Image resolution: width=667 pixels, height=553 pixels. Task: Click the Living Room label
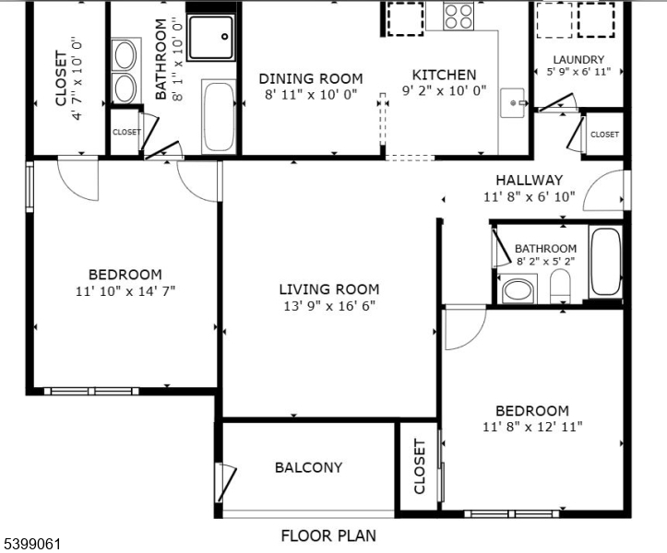[328, 288]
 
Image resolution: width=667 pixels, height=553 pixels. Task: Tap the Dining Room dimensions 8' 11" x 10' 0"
[310, 94]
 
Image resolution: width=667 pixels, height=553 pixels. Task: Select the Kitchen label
[444, 75]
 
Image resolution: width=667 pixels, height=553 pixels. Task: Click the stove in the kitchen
[459, 17]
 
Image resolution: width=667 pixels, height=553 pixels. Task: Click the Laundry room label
[578, 60]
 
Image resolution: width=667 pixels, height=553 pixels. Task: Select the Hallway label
[529, 180]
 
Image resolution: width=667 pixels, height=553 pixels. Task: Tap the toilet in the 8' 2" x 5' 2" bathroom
[561, 288]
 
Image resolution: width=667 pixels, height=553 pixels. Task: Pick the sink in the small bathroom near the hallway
[519, 291]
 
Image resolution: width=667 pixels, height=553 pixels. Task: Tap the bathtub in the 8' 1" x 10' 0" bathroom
[219, 117]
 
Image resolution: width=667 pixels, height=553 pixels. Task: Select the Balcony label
[308, 467]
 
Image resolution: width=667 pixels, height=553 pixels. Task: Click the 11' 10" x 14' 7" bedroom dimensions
[125, 290]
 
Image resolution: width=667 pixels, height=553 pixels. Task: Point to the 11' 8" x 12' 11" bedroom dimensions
[531, 427]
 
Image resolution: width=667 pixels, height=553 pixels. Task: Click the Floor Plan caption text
[328, 535]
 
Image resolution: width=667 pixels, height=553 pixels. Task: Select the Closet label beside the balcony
[420, 466]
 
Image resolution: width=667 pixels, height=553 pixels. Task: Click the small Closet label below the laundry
[604, 135]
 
